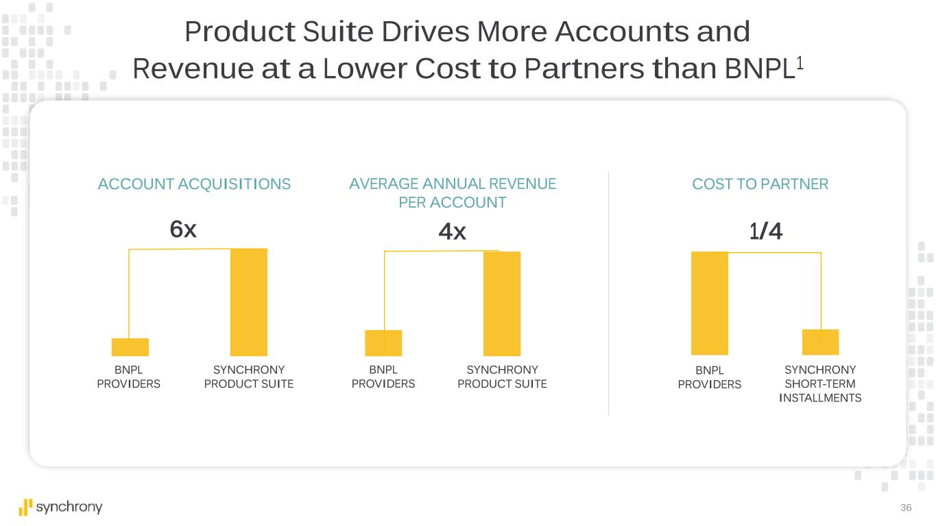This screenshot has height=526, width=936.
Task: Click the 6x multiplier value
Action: [x=183, y=230]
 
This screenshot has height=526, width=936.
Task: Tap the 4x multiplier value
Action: [x=452, y=232]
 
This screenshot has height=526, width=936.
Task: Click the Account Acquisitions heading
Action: [x=194, y=184]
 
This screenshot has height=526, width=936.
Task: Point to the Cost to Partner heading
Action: [x=760, y=184]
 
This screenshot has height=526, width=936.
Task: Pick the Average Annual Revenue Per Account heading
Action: [x=453, y=193]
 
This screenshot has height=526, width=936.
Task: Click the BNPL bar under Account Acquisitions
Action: [x=130, y=347]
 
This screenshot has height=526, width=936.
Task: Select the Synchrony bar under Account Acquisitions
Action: [x=248, y=302]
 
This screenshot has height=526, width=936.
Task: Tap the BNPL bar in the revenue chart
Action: [x=383, y=343]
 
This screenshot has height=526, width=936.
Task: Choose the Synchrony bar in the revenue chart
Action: [x=502, y=303]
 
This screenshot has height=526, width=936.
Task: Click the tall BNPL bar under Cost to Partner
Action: [x=710, y=303]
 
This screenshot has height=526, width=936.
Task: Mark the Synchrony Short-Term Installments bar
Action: [x=820, y=342]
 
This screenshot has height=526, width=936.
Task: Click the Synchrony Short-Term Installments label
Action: [x=820, y=384]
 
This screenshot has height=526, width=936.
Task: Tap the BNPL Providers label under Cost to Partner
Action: [x=710, y=377]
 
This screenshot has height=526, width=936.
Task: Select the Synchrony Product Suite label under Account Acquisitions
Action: [x=249, y=377]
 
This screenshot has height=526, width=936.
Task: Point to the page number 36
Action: [x=907, y=508]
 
